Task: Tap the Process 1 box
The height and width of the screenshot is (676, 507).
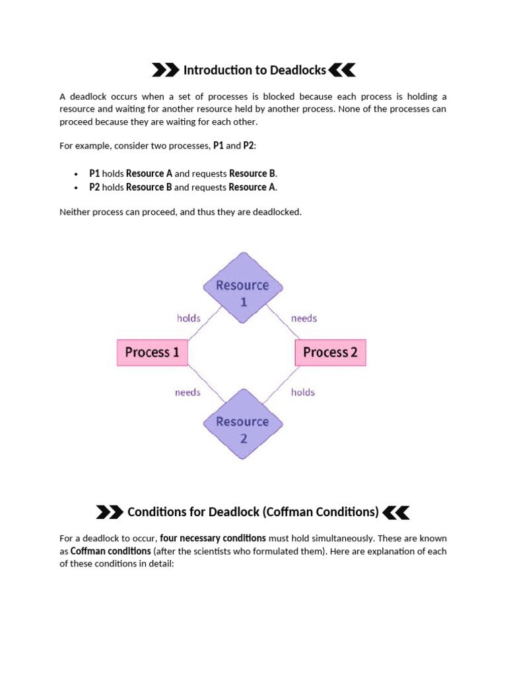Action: click(152, 353)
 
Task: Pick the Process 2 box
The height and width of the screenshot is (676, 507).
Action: click(330, 353)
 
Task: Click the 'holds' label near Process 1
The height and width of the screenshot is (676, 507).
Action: click(189, 318)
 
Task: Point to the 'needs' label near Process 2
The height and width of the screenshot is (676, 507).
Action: click(304, 318)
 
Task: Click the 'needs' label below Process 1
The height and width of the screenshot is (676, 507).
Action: click(187, 392)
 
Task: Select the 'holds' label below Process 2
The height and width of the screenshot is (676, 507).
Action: click(303, 392)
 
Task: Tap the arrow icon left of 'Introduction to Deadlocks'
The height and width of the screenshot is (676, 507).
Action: click(165, 70)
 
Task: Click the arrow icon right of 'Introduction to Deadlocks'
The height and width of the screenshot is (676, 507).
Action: click(342, 70)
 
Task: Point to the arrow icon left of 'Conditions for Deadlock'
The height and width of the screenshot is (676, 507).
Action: click(110, 512)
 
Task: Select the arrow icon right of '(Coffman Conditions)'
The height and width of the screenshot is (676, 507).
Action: click(396, 512)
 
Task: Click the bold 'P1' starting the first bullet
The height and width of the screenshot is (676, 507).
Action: click(94, 174)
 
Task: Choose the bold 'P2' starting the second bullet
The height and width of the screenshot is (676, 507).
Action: click(94, 187)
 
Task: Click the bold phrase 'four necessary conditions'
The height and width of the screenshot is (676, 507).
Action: click(213, 538)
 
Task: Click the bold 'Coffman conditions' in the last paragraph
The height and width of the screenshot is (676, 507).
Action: click(110, 551)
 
